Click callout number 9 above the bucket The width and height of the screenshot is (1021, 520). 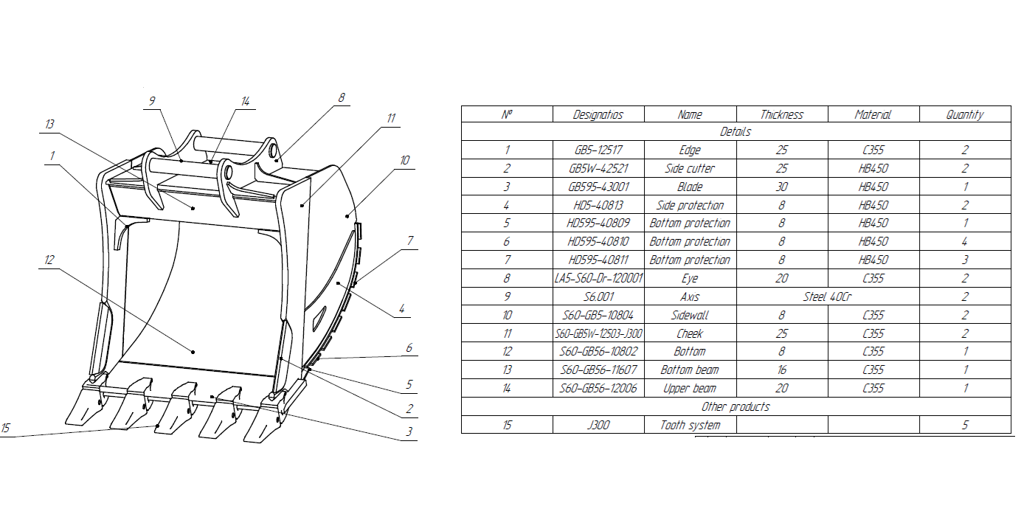(152, 101)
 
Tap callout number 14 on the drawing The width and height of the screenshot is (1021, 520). (245, 101)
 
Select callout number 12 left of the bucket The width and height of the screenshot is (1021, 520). (49, 260)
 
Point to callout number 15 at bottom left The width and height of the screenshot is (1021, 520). (6, 427)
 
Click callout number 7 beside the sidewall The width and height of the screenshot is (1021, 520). (409, 240)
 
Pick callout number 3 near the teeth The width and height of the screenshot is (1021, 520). (409, 431)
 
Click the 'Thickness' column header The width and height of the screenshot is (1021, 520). (781, 114)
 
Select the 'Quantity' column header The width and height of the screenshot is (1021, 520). (965, 114)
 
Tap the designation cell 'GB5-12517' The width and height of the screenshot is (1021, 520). (598, 150)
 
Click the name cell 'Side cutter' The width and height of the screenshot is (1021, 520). (690, 168)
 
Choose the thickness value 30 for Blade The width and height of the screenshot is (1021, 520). (781, 187)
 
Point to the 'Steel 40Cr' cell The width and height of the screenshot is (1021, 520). (828, 297)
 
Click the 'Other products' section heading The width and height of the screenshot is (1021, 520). (735, 406)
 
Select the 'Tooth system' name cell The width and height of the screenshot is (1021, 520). (690, 425)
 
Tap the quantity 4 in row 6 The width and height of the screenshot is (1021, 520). (965, 241)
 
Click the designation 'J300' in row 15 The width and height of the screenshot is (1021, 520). (598, 425)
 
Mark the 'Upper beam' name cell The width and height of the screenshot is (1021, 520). (690, 388)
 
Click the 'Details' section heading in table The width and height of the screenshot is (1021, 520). (735, 132)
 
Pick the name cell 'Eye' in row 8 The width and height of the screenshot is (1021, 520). (690, 278)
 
